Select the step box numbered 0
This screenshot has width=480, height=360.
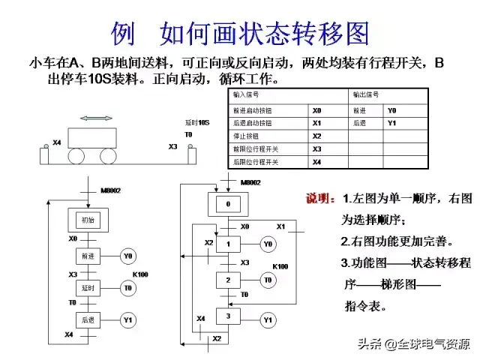pos(227,204)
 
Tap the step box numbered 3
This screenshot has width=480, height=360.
pos(228,316)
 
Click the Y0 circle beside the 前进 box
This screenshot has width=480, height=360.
pos(128,256)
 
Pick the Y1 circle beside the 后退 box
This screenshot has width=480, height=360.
pos(128,320)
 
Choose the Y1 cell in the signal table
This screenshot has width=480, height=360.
pos(391,123)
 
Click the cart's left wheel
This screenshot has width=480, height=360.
pos(78,156)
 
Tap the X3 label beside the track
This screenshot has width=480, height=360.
pos(173,146)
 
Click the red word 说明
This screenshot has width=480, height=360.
pos(320,199)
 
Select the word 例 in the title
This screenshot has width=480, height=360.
pos(123,33)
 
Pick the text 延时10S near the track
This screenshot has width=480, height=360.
pos(197,122)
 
